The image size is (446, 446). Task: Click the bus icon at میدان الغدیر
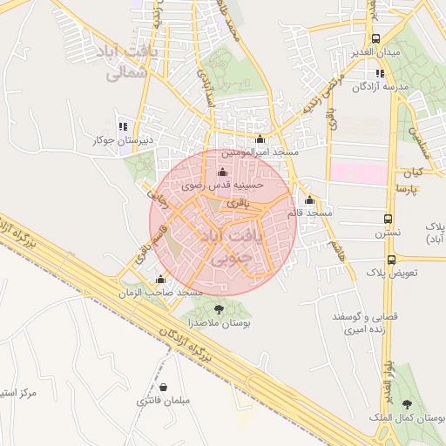click(x=376, y=39)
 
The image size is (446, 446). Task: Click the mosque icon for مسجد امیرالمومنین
click(x=260, y=139)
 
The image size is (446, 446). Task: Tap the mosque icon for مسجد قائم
click(x=310, y=199)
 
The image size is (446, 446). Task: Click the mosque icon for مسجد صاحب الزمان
click(x=160, y=280)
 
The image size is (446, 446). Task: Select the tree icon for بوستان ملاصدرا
click(x=218, y=307)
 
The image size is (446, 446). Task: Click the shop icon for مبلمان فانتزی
click(x=163, y=386)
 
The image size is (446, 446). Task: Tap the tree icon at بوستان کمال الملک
click(x=408, y=403)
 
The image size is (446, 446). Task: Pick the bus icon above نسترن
click(x=389, y=219)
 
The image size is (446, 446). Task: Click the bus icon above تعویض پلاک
click(x=391, y=259)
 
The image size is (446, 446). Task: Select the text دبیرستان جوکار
click(x=124, y=139)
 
